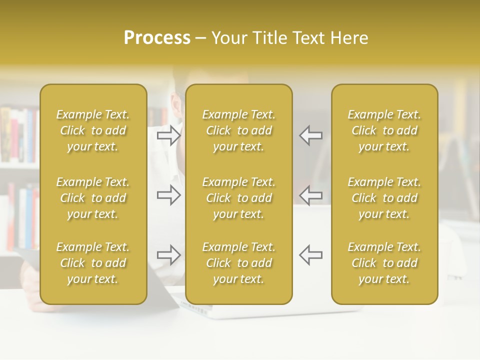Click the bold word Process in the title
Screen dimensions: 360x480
(x=157, y=38)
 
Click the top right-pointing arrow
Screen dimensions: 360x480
(x=169, y=135)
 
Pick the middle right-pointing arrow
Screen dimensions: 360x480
(x=169, y=195)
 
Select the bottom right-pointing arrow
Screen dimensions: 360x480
(x=169, y=254)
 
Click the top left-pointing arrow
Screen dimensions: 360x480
(x=310, y=135)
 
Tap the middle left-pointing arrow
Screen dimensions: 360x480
(x=310, y=195)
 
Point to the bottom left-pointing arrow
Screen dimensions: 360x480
(x=310, y=254)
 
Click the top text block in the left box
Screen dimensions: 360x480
(x=93, y=130)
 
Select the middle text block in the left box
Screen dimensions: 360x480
(x=93, y=198)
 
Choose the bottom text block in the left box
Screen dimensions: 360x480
(x=93, y=263)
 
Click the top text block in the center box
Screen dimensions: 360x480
(x=238, y=130)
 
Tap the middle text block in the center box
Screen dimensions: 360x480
(x=238, y=198)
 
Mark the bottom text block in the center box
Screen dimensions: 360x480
(x=238, y=263)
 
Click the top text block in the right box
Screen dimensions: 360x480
(x=384, y=130)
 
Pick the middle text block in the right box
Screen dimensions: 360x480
(x=384, y=198)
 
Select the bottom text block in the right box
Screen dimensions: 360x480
(x=384, y=263)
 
